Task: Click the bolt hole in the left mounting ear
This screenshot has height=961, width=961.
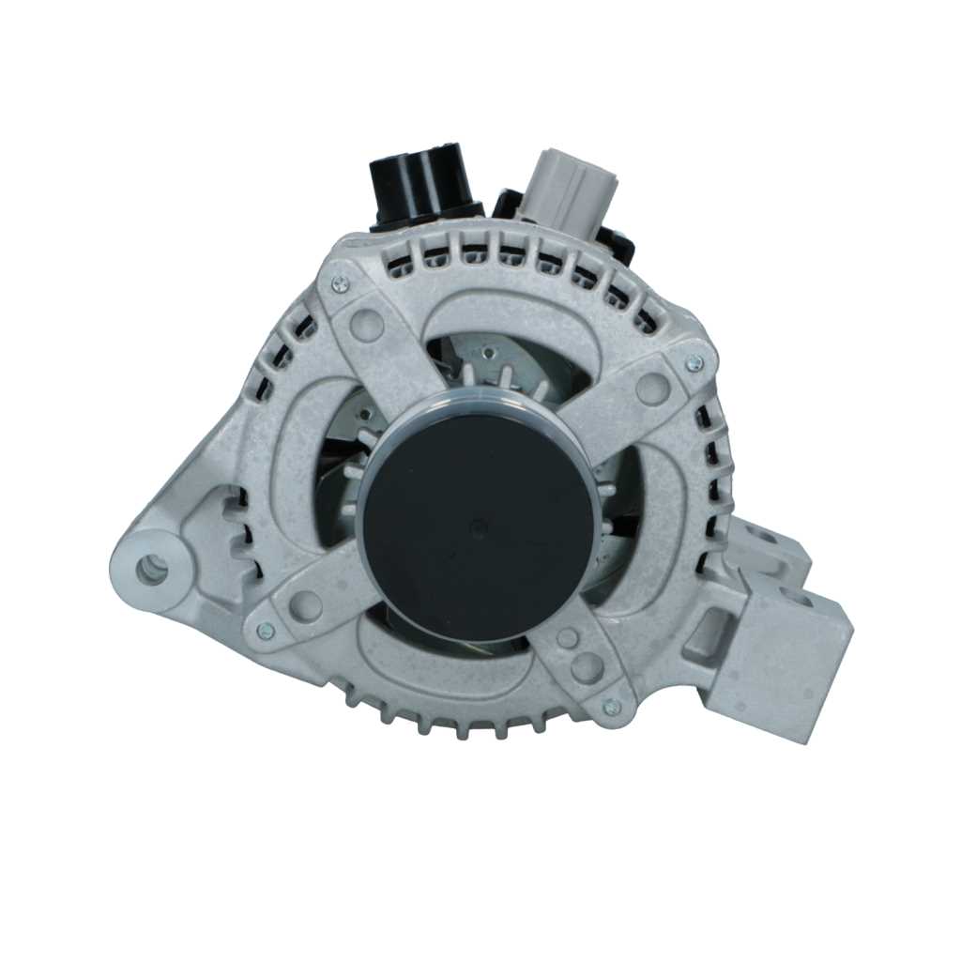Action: (151, 567)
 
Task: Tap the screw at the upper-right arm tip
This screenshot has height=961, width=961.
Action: (694, 362)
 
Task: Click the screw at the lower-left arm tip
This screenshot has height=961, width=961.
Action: (266, 632)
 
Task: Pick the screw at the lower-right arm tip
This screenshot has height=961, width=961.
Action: (611, 707)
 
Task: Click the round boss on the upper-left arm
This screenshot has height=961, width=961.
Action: (366, 325)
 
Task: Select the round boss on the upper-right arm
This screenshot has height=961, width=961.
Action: (653, 387)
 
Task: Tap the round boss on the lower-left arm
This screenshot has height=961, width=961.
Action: (305, 605)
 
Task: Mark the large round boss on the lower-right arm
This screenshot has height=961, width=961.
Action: (587, 667)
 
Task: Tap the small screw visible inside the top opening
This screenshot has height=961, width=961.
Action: (487, 353)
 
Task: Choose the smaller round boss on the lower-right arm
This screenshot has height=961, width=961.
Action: (567, 638)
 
